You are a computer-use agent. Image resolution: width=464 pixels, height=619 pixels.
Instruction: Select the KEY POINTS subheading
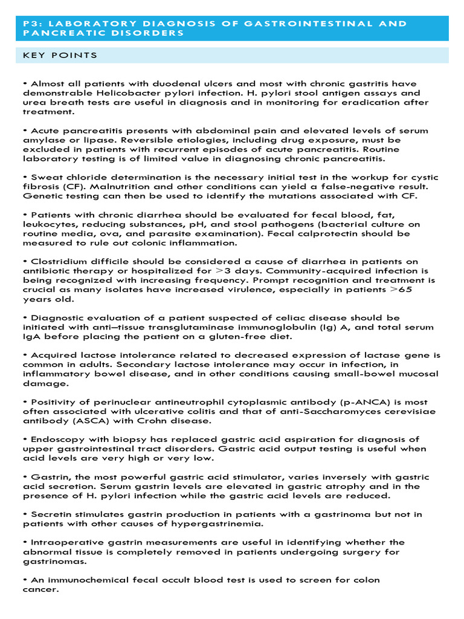point(60,56)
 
